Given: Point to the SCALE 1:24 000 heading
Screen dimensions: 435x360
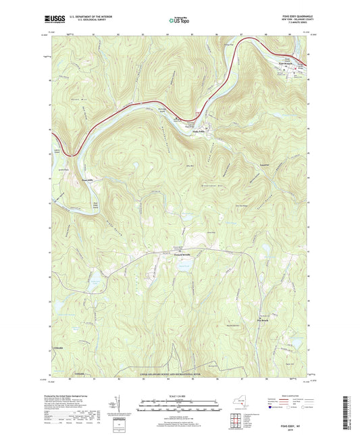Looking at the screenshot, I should coord(180,394).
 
